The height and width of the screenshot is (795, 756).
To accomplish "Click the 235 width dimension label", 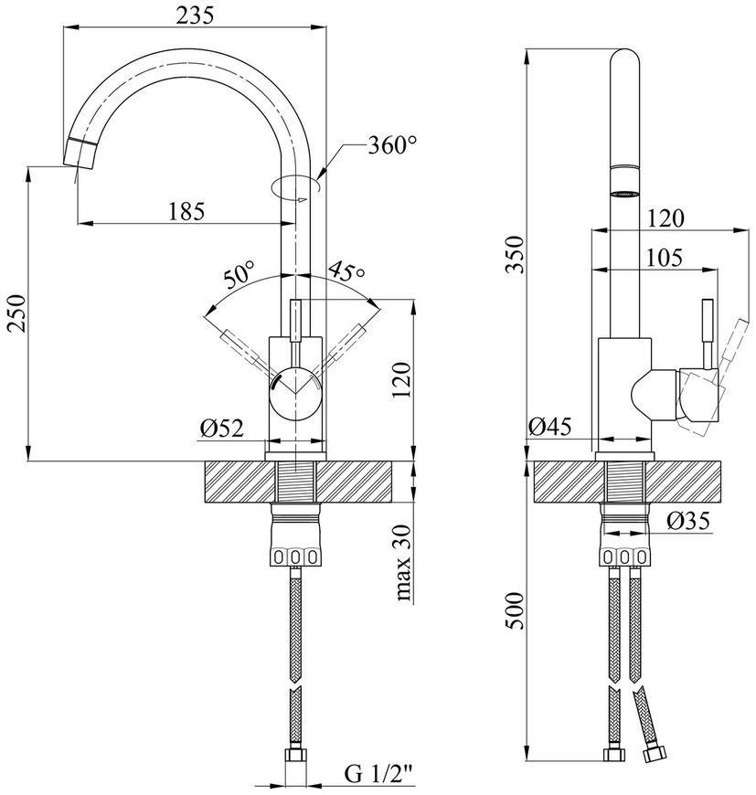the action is [196, 16].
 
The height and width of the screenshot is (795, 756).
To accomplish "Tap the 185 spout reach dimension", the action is [186, 211].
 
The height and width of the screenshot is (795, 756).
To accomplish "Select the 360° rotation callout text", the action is [392, 146].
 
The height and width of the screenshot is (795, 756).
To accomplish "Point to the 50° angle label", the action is [239, 274].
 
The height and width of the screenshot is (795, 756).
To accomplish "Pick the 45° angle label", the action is [346, 271].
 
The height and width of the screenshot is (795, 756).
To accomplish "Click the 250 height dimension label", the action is [16, 313].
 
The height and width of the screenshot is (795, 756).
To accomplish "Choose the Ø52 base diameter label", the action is [222, 429].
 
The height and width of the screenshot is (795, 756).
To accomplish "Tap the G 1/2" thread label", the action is [379, 774].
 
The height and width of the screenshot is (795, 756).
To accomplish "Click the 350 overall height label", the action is [516, 254].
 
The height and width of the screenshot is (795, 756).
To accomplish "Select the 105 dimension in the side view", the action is [664, 258].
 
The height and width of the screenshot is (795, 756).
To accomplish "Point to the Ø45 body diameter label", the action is [549, 427].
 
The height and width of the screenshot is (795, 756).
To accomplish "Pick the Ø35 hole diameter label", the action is [688, 521].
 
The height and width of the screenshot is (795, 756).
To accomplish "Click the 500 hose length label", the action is [516, 610].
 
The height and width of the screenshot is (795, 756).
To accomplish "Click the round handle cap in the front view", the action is [295, 394].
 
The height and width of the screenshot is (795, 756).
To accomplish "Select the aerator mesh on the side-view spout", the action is [624, 193].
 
